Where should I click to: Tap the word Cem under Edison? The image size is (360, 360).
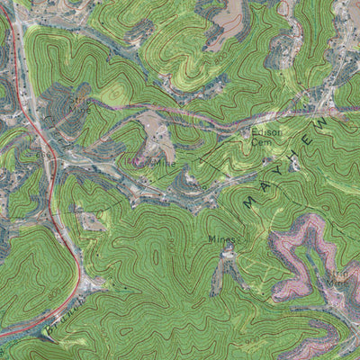[x=261, y=142]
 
